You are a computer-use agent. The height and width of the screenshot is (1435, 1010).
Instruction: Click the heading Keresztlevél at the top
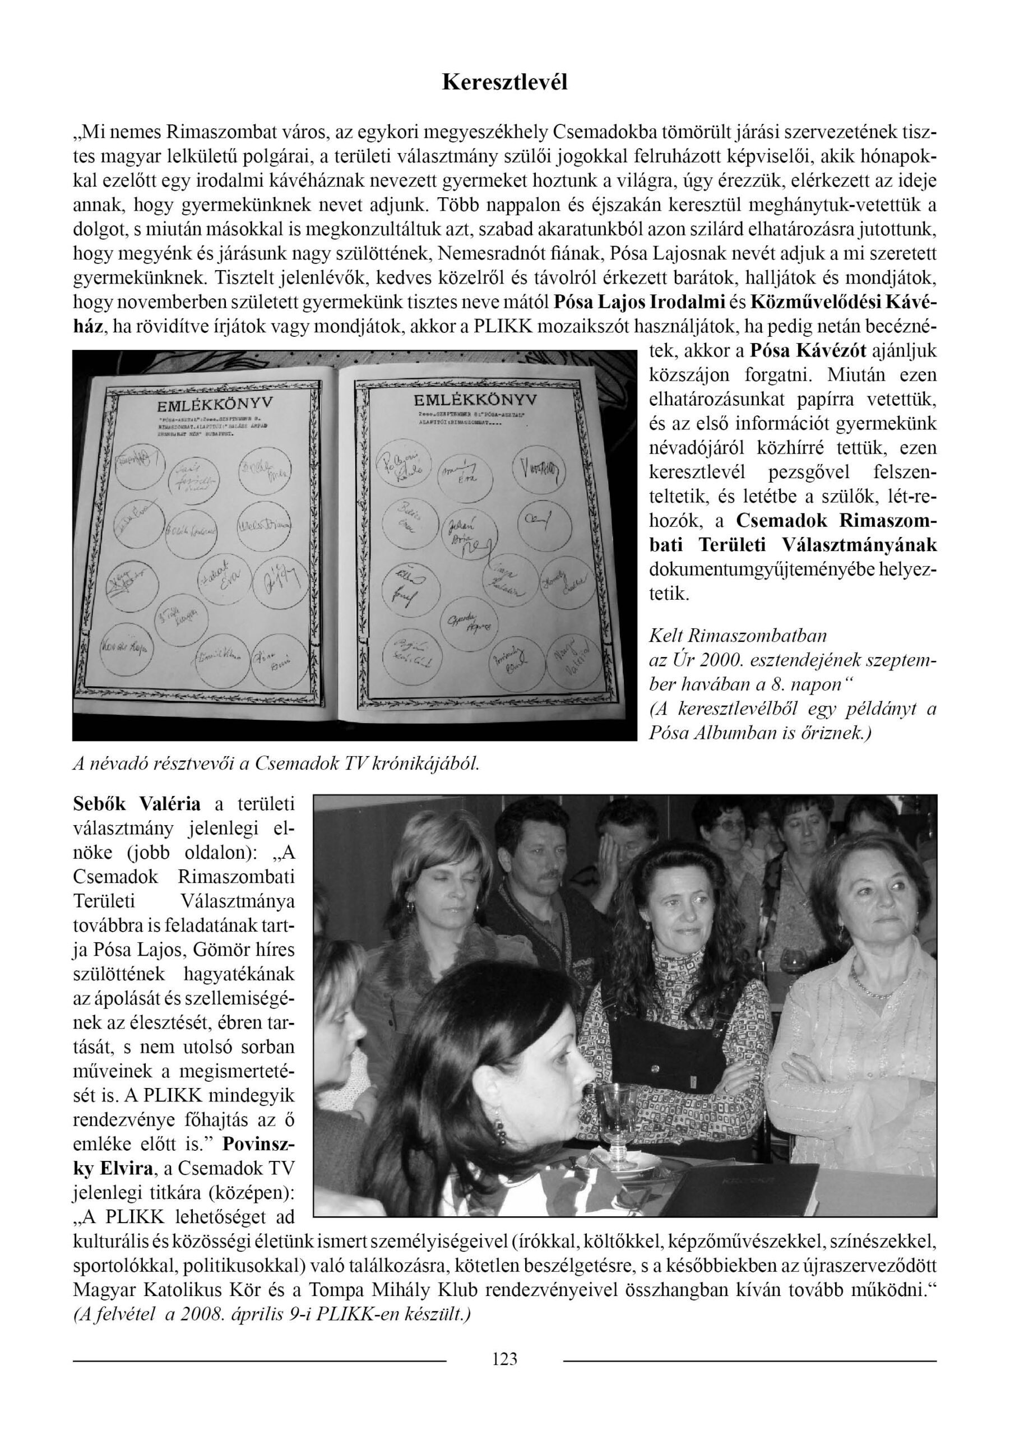(504, 82)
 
